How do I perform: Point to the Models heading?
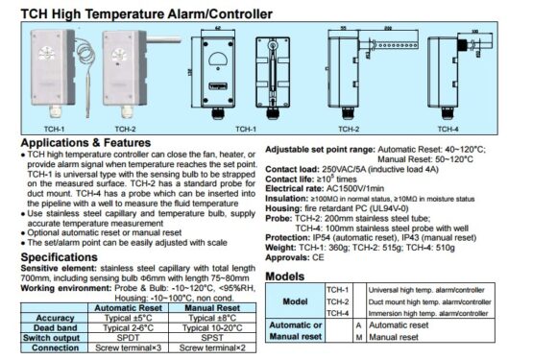285,276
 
